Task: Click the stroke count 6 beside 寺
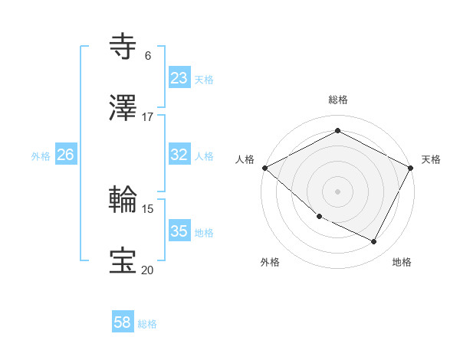[148, 56]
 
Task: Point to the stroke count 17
[148, 117]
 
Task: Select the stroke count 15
[148, 208]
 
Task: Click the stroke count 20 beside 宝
[148, 270]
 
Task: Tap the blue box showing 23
[179, 78]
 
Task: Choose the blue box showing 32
[179, 155]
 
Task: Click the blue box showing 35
[179, 231]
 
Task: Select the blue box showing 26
[66, 155]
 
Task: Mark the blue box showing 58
[123, 323]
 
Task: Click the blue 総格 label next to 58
[147, 324]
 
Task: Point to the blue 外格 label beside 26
[41, 155]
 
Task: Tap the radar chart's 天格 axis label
[431, 159]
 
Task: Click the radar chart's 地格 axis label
[402, 262]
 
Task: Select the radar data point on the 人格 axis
[264, 168]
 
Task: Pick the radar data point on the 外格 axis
[319, 217]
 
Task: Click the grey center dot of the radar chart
[337, 191]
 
